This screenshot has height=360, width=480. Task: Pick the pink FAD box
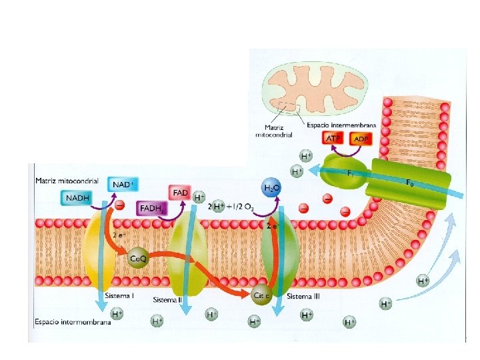click(x=180, y=193)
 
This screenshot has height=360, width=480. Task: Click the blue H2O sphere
click(x=271, y=189)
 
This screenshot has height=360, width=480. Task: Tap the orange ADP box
click(x=361, y=139)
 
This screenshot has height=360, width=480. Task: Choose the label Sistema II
click(x=167, y=300)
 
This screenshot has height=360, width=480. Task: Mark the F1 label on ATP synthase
click(x=351, y=172)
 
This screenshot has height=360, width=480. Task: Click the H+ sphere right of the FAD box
click(x=199, y=197)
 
